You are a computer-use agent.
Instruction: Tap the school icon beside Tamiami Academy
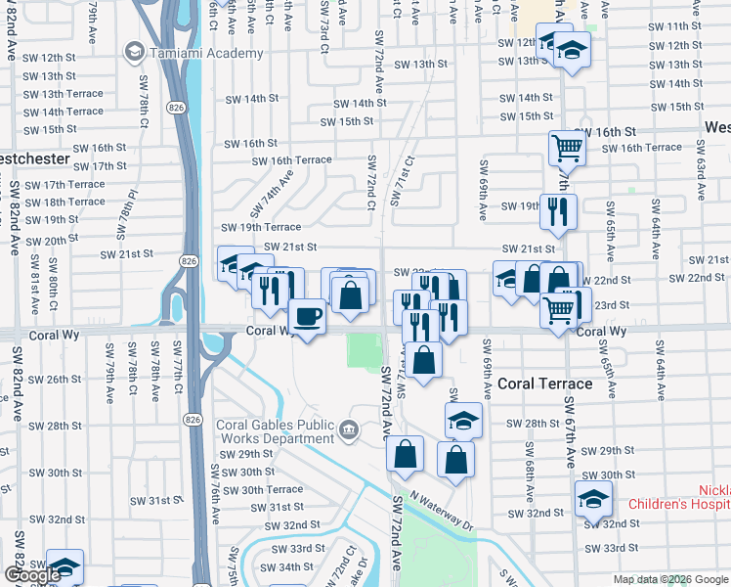coord(134,51)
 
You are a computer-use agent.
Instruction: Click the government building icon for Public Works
coord(347,429)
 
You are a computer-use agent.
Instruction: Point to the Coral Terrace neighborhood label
coord(543,384)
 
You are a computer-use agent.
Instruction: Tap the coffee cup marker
coord(308,316)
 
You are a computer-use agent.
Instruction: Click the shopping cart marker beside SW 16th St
coord(566,149)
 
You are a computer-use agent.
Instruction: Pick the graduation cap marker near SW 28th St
coord(463,421)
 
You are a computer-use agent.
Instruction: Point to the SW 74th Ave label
coord(271,194)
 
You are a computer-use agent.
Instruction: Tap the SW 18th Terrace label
coord(66,202)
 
